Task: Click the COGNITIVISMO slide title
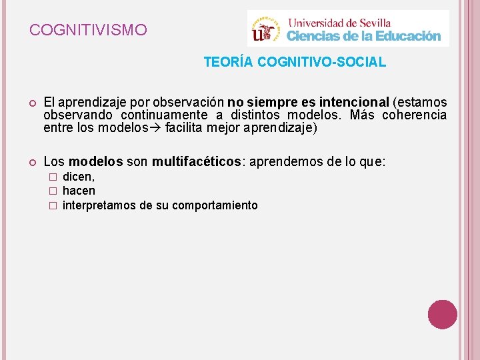click(89, 30)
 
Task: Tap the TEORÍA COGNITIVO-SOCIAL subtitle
click(295, 63)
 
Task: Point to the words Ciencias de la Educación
click(363, 36)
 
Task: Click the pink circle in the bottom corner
click(442, 315)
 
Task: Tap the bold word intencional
click(354, 103)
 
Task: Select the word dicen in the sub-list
click(79, 177)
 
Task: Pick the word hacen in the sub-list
click(79, 191)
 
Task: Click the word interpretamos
click(99, 205)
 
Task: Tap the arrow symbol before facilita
click(157, 128)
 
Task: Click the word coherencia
click(414, 115)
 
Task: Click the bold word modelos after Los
click(96, 161)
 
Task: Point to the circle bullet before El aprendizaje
click(31, 103)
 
